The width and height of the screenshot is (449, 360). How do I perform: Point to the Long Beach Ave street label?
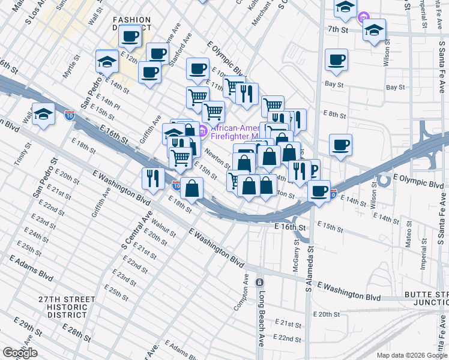tap(262, 312)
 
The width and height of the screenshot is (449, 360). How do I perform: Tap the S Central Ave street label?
tap(133, 230)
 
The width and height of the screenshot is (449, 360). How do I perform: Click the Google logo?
tap(20, 353)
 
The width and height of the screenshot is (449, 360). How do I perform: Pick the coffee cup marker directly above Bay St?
tap(336, 59)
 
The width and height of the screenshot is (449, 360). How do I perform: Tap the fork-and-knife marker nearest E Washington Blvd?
tap(153, 178)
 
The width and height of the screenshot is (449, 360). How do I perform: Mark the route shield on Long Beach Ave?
tap(259, 282)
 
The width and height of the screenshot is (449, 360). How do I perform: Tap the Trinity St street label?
tap(22, 154)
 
